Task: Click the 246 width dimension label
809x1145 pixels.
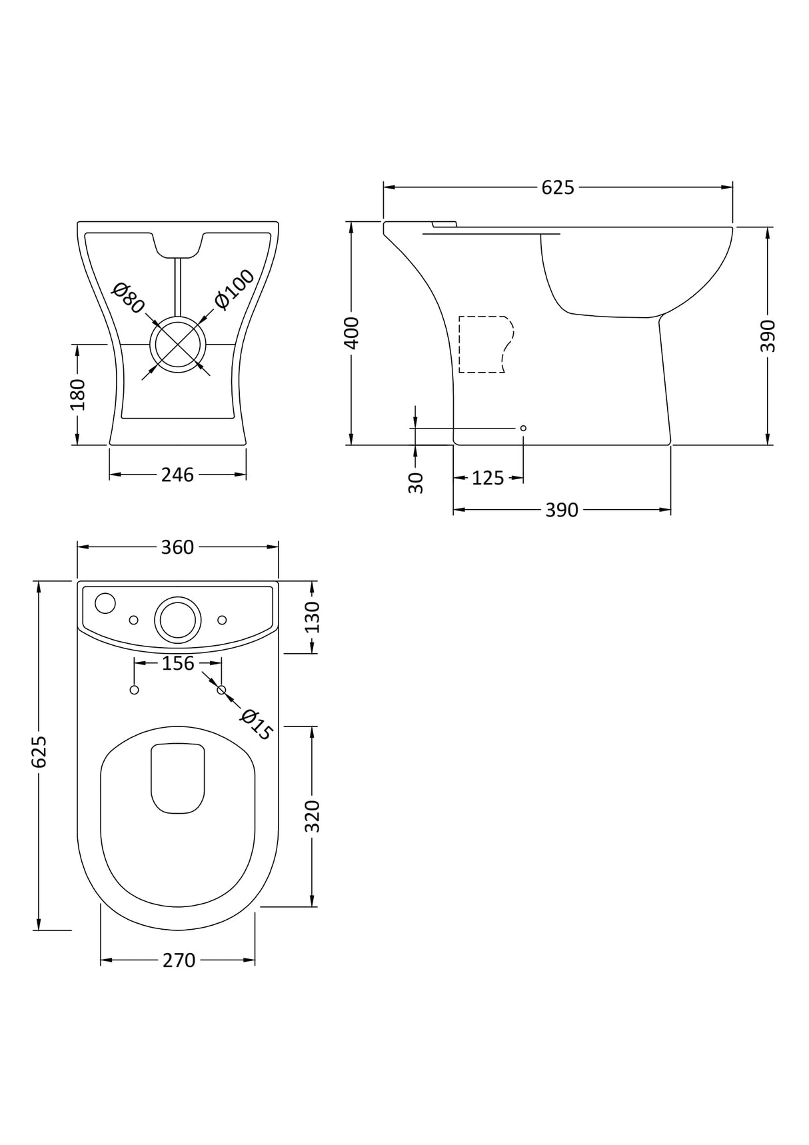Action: click(177, 475)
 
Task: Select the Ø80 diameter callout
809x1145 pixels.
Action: click(128, 298)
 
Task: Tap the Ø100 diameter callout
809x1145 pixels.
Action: click(235, 289)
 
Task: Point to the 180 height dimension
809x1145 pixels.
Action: click(78, 394)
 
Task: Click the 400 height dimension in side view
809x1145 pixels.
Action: click(351, 333)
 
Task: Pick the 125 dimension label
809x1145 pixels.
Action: click(488, 478)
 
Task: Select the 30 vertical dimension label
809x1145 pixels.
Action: click(415, 482)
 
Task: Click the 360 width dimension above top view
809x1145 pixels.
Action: click(177, 547)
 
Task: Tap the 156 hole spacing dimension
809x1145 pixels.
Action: click(178, 663)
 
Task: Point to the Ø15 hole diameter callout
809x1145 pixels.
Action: click(257, 725)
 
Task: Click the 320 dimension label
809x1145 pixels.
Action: click(313, 816)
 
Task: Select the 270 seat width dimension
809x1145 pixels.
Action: click(179, 960)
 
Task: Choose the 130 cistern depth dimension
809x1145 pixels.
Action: click(313, 617)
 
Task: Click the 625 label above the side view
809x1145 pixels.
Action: click(557, 188)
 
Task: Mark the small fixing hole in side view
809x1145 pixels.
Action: click(523, 428)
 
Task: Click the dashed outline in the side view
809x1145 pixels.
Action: click(485, 344)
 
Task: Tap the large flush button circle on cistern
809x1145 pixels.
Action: click(178, 620)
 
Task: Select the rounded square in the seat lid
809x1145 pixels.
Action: click(177, 778)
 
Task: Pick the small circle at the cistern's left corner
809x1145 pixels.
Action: click(105, 603)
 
